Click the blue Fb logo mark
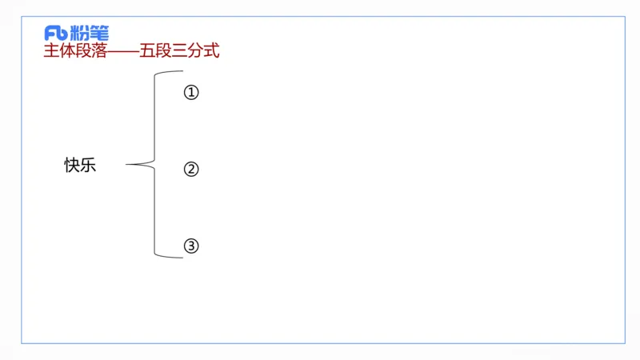pyautogui.click(x=56, y=33)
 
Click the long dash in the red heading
pyautogui.click(x=122, y=52)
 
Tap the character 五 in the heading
pyautogui.click(x=147, y=52)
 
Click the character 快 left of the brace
pyautogui.click(x=72, y=166)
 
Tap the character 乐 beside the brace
pyautogui.click(x=88, y=166)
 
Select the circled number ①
pyautogui.click(x=190, y=93)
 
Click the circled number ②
pyautogui.click(x=190, y=170)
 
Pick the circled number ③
pyautogui.click(x=190, y=246)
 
